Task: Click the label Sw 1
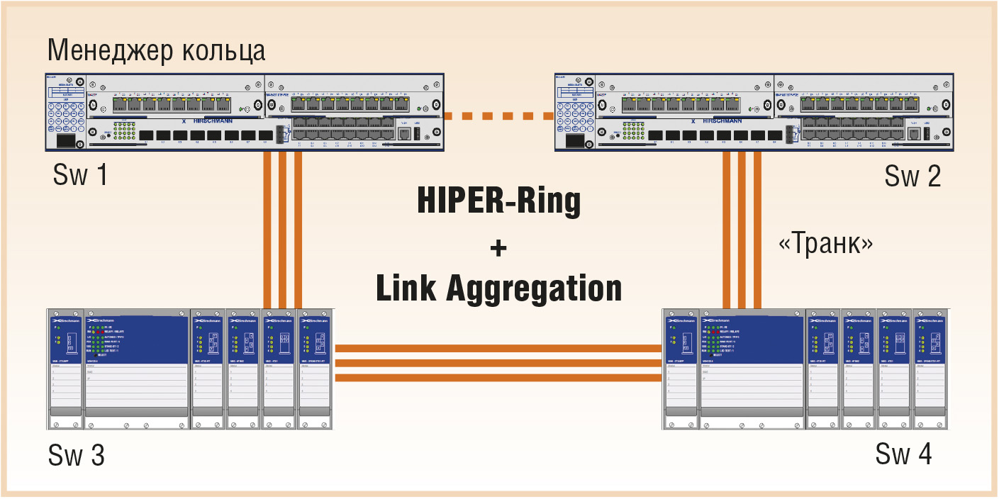click(80, 174)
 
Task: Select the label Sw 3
click(77, 455)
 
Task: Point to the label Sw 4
click(903, 454)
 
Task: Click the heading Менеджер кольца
click(156, 51)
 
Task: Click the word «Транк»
click(825, 244)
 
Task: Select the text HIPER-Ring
click(498, 201)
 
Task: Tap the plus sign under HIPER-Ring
click(499, 247)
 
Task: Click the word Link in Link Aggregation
click(406, 288)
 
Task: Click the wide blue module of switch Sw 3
click(136, 337)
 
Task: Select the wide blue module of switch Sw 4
click(752, 337)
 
